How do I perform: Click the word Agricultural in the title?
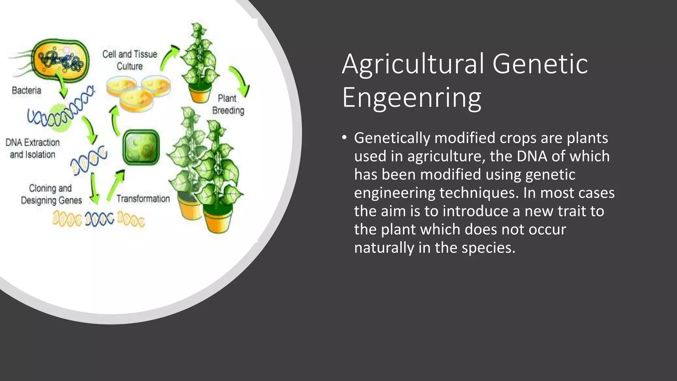pyautogui.click(x=413, y=64)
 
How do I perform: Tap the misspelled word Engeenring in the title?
pyautogui.click(x=412, y=98)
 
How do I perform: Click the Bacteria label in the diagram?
pyautogui.click(x=26, y=90)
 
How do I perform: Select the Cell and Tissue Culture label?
pyautogui.click(x=130, y=60)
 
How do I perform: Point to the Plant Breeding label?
pyautogui.click(x=228, y=104)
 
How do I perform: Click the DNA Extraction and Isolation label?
pyautogui.click(x=32, y=148)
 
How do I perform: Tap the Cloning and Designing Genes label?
pyautogui.click(x=51, y=194)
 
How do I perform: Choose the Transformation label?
pyautogui.click(x=143, y=199)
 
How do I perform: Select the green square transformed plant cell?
pyautogui.click(x=141, y=147)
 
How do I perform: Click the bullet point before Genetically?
pyautogui.click(x=344, y=138)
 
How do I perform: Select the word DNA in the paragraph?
pyautogui.click(x=532, y=156)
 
